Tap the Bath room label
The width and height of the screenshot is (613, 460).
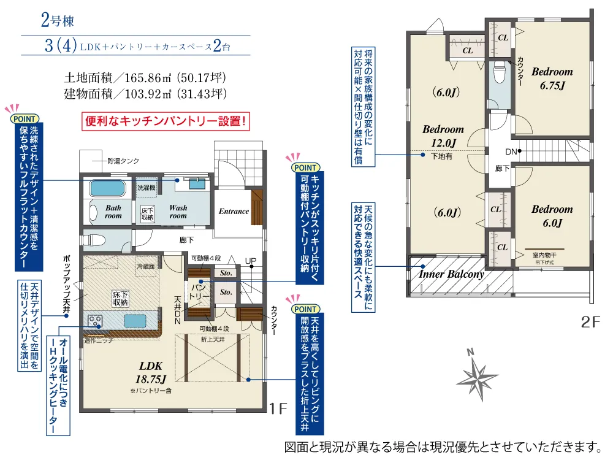(x=113, y=212)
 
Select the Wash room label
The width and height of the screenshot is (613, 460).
(x=178, y=212)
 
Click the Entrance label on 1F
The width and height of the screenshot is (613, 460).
(x=234, y=212)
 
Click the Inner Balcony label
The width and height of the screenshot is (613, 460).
(x=451, y=274)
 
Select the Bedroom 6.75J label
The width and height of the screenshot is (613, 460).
(x=552, y=79)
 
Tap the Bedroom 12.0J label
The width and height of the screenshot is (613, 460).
(x=443, y=136)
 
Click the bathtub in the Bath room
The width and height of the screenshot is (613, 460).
(x=108, y=186)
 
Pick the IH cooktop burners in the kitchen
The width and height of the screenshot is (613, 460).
(x=96, y=320)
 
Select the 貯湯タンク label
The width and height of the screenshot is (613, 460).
(x=123, y=161)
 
